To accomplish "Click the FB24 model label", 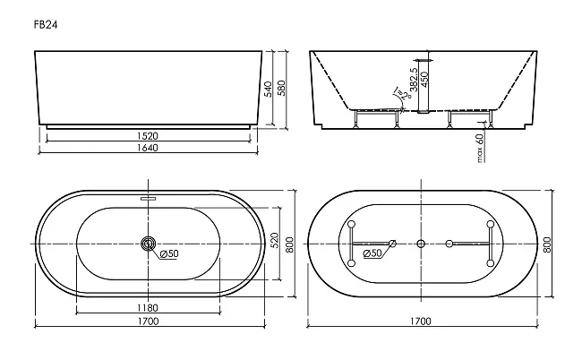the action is [x=46, y=25].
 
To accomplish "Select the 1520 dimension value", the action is [x=148, y=136].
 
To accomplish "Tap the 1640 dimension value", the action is [x=148, y=148].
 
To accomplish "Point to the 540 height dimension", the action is [x=268, y=89].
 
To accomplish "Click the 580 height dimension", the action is [x=282, y=88].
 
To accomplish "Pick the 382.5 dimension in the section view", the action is [x=414, y=80].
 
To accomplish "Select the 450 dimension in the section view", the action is [x=425, y=79].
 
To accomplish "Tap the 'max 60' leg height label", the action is [x=480, y=148].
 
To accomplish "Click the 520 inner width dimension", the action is [x=275, y=241].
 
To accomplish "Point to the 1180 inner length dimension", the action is [x=148, y=308].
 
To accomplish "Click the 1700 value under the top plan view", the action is [x=149, y=321].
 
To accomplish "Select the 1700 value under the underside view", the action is [x=421, y=321].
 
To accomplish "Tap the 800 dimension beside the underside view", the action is [x=547, y=245].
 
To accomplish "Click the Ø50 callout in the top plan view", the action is [x=169, y=253].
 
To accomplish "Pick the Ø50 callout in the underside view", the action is [x=372, y=253].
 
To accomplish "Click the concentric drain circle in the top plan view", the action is [x=149, y=244].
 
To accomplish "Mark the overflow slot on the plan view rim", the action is [x=149, y=198].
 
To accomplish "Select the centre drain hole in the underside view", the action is [x=421, y=244].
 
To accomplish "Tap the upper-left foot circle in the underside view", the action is [x=352, y=224].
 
